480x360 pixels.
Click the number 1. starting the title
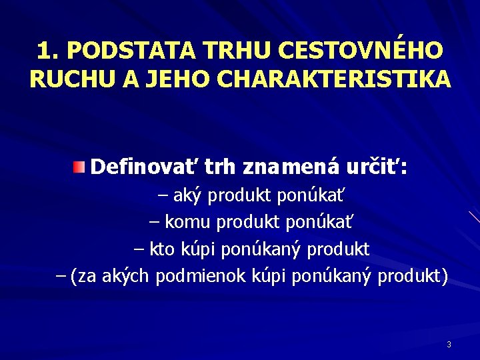[48, 51]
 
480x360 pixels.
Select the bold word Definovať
[143, 166]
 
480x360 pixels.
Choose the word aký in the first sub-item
[190, 196]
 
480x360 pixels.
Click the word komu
[186, 222]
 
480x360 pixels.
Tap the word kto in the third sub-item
[161, 249]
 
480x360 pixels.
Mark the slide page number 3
[449, 345]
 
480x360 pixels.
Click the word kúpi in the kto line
[197, 249]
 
